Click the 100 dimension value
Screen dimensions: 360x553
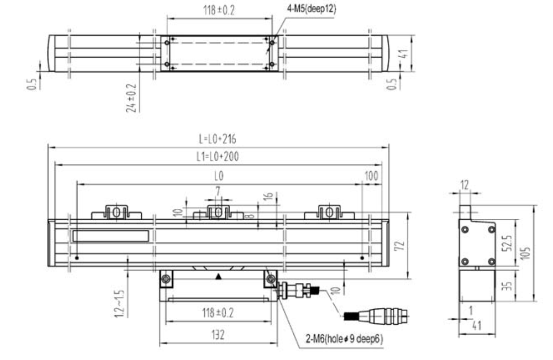371,176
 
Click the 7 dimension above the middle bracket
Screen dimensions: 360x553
217,190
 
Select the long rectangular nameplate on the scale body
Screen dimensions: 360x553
110,236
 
